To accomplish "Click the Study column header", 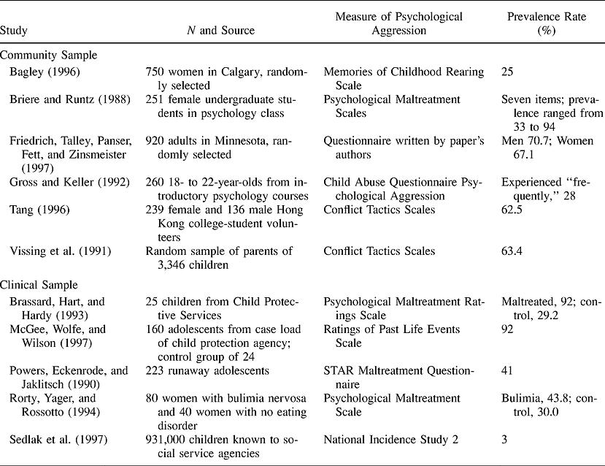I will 13,31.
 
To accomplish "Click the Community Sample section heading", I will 48,55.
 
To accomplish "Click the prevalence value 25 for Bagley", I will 509,72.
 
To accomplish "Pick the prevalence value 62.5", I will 512,210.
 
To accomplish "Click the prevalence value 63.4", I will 512,251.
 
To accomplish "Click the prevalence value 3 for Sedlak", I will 505,438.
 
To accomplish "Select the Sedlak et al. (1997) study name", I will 58,438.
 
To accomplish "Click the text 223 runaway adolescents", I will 208,371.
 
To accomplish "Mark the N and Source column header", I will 221,31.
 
